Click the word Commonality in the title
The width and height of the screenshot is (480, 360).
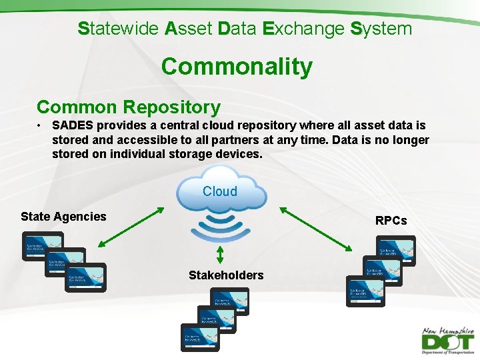point(237,67)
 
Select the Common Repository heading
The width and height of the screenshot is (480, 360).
point(129,107)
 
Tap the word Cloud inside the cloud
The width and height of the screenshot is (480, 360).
point(220,191)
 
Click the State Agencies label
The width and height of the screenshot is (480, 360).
point(63,216)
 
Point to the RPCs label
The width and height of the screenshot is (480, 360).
point(391,221)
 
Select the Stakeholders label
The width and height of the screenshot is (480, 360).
point(226,275)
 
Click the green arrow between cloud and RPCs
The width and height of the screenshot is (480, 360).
point(316,229)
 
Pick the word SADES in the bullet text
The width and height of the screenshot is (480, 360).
point(73,125)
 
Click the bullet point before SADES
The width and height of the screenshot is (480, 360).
point(41,125)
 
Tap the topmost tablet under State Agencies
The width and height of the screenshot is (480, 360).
point(42,246)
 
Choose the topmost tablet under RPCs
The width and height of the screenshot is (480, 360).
point(395,251)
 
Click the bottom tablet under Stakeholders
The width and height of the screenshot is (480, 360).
point(201,337)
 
